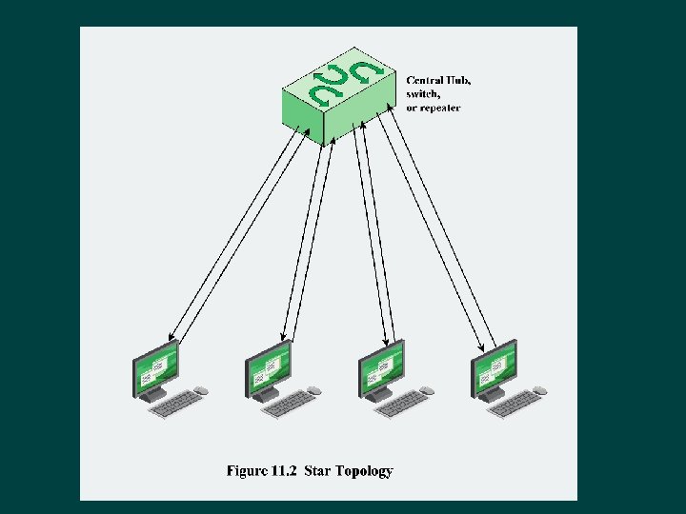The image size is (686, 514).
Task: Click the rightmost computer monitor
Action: click(x=494, y=370)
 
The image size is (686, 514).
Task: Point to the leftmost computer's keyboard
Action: click(x=175, y=405)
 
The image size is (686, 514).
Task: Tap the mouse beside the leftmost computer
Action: click(x=200, y=390)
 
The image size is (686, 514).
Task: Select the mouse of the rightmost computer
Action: click(x=539, y=390)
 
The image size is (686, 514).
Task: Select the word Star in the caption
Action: click(x=320, y=470)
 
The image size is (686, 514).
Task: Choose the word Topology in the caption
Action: click(x=365, y=470)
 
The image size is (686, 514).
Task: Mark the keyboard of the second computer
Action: click(x=289, y=405)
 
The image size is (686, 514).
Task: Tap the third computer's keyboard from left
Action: click(x=401, y=405)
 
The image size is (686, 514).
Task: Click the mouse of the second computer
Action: click(x=313, y=390)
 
